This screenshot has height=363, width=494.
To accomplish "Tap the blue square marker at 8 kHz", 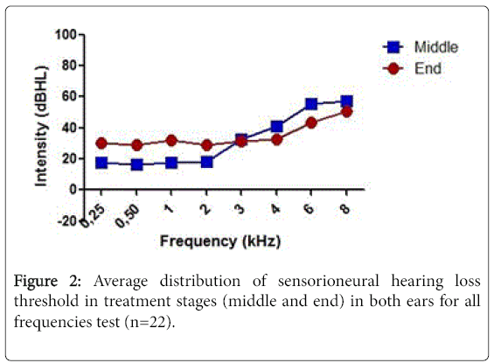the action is pos(346,101).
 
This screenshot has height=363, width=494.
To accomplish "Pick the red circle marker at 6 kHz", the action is pos(311,122).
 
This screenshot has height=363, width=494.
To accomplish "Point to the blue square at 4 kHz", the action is pos(276,127).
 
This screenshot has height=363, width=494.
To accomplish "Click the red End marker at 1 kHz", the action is pos(171,141).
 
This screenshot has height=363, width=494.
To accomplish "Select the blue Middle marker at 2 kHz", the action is pos(206,163).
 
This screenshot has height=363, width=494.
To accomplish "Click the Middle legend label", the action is pos(436,47).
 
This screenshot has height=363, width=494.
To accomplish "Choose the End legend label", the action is pos(428,68).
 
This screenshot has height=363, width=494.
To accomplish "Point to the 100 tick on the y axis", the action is pos(66,34).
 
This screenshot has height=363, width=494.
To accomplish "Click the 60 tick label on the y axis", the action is pos(69,96).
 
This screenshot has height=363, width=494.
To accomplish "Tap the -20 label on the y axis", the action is pos(67,220).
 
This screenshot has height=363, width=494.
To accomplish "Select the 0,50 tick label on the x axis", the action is pos(128,215).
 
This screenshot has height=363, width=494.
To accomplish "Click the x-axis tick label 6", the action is pos(310,208).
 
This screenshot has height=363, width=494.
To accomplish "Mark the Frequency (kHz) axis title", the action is pos(220,241).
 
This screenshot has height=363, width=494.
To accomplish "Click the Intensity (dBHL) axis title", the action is pos(41,126).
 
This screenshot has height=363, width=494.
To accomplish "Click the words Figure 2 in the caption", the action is pos(47,281).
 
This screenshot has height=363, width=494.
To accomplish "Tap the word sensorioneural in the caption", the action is pos(328,281).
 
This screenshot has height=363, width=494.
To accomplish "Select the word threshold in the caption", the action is pos(46,301).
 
